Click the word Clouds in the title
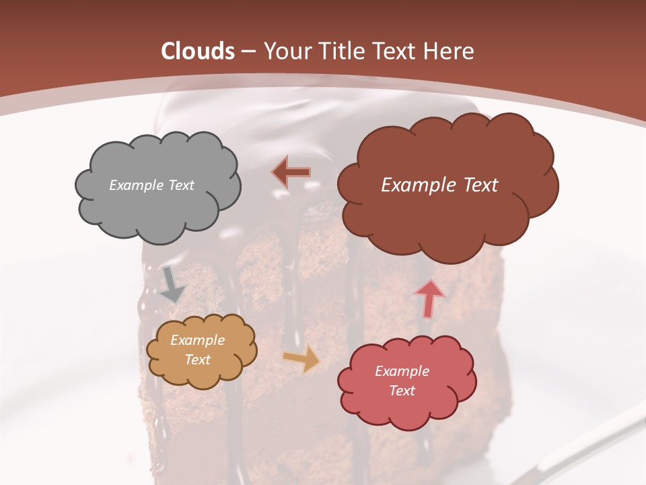[x=198, y=51]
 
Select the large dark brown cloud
[x=447, y=216]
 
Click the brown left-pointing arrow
[x=291, y=172]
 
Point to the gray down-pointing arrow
[x=172, y=284]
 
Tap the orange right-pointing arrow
[x=301, y=360]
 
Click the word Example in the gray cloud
[x=135, y=185]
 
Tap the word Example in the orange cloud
[x=198, y=341]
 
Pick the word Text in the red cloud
[x=402, y=391]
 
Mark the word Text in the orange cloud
[x=198, y=360]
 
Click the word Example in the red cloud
[x=402, y=371]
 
